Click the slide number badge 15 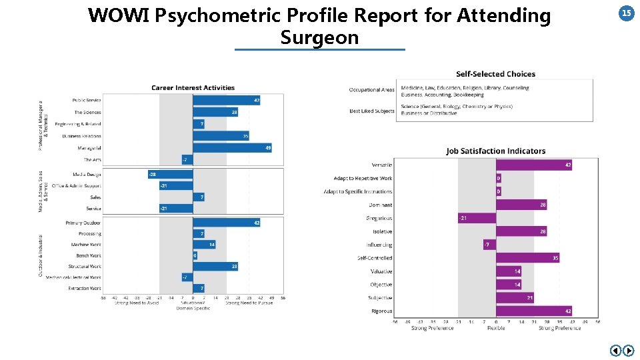[627, 13]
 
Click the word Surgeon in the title [319, 37]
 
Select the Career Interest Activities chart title [193, 87]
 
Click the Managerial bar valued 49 [232, 147]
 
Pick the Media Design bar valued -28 [170, 174]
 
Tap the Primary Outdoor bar [226, 223]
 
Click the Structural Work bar [216, 266]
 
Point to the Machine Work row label [86, 245]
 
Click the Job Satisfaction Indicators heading [496, 151]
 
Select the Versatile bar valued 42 [533, 165]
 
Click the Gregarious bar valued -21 [477, 218]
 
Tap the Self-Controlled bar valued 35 [527, 258]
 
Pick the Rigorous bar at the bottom [533, 311]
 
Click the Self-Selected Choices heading [495, 74]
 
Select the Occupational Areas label [371, 90]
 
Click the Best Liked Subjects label [372, 111]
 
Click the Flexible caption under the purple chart [496, 328]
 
